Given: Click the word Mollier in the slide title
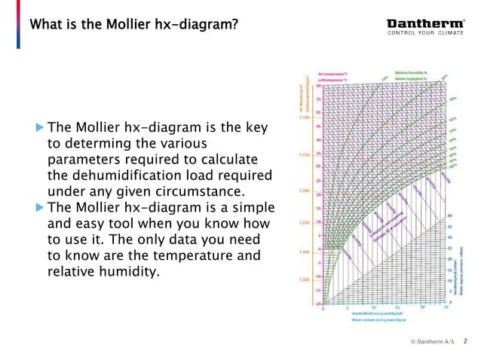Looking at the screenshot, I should (114, 25).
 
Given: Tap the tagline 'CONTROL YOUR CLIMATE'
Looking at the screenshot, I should (426, 32).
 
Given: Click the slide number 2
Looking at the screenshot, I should (465, 341).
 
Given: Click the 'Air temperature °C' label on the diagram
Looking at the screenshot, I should (333, 74).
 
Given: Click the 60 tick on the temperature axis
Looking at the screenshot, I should (319, 86).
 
